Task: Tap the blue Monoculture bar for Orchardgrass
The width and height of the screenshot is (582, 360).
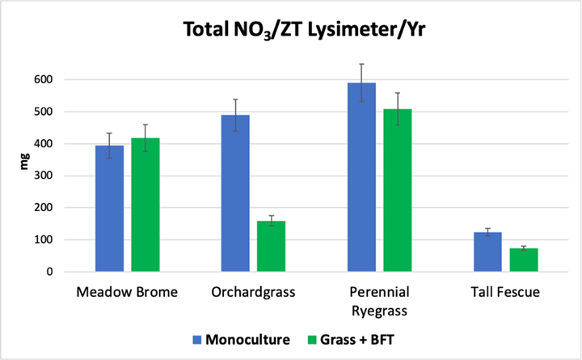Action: coord(235,193)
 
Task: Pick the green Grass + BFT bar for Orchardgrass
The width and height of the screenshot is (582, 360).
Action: coord(271,246)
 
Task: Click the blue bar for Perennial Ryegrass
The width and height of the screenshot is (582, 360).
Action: coord(361,177)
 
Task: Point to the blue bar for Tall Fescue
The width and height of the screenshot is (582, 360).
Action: coord(487,252)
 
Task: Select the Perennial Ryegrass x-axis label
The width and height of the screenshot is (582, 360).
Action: coord(379,299)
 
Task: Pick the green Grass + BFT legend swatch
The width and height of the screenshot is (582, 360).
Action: coord(311,339)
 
